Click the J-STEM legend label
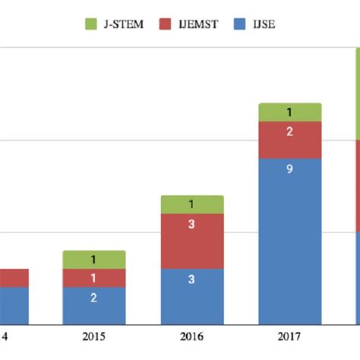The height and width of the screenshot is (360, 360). [122, 25]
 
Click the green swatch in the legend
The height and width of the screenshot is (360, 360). [91, 25]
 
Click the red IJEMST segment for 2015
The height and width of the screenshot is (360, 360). [93, 278]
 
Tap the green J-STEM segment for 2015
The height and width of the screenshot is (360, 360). [93, 260]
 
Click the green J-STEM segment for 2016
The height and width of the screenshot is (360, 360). [191, 204]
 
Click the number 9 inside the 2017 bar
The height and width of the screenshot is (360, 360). [289, 169]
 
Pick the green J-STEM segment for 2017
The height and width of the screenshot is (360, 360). [289, 112]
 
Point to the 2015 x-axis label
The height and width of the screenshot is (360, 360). [93, 336]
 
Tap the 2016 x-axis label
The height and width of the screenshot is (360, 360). [191, 336]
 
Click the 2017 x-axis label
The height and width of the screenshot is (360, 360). [289, 336]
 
